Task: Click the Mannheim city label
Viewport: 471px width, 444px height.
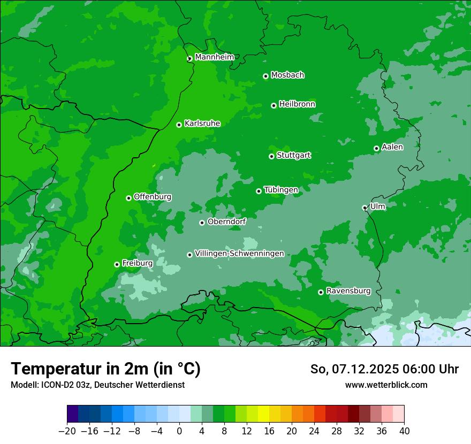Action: pos(214,57)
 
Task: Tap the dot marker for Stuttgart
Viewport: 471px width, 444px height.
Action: pos(271,156)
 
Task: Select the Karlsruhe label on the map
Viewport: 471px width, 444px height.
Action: pos(202,124)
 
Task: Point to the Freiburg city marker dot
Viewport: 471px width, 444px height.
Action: pos(117,264)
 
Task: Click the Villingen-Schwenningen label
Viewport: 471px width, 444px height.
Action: pos(239,254)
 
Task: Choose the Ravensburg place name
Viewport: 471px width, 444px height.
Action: pos(348,291)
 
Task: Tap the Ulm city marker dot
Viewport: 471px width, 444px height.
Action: pos(364,208)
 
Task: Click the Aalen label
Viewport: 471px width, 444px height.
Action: pos(392,147)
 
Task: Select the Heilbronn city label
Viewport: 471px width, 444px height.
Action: pos(297,104)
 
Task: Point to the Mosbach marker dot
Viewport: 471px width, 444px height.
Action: pos(265,76)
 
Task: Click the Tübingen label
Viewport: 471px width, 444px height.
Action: pos(281,190)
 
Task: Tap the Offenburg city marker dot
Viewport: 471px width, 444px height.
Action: pos(128,198)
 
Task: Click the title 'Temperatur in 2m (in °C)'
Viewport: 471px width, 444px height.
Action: pos(105,369)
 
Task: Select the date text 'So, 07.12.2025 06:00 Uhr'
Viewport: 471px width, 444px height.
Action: pos(384,369)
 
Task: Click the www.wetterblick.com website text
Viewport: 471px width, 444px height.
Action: pos(386,385)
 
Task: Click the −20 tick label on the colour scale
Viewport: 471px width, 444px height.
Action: pos(67,431)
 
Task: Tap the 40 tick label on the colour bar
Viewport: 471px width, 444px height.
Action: pos(404,431)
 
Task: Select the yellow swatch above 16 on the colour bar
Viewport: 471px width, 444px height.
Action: pos(263,414)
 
